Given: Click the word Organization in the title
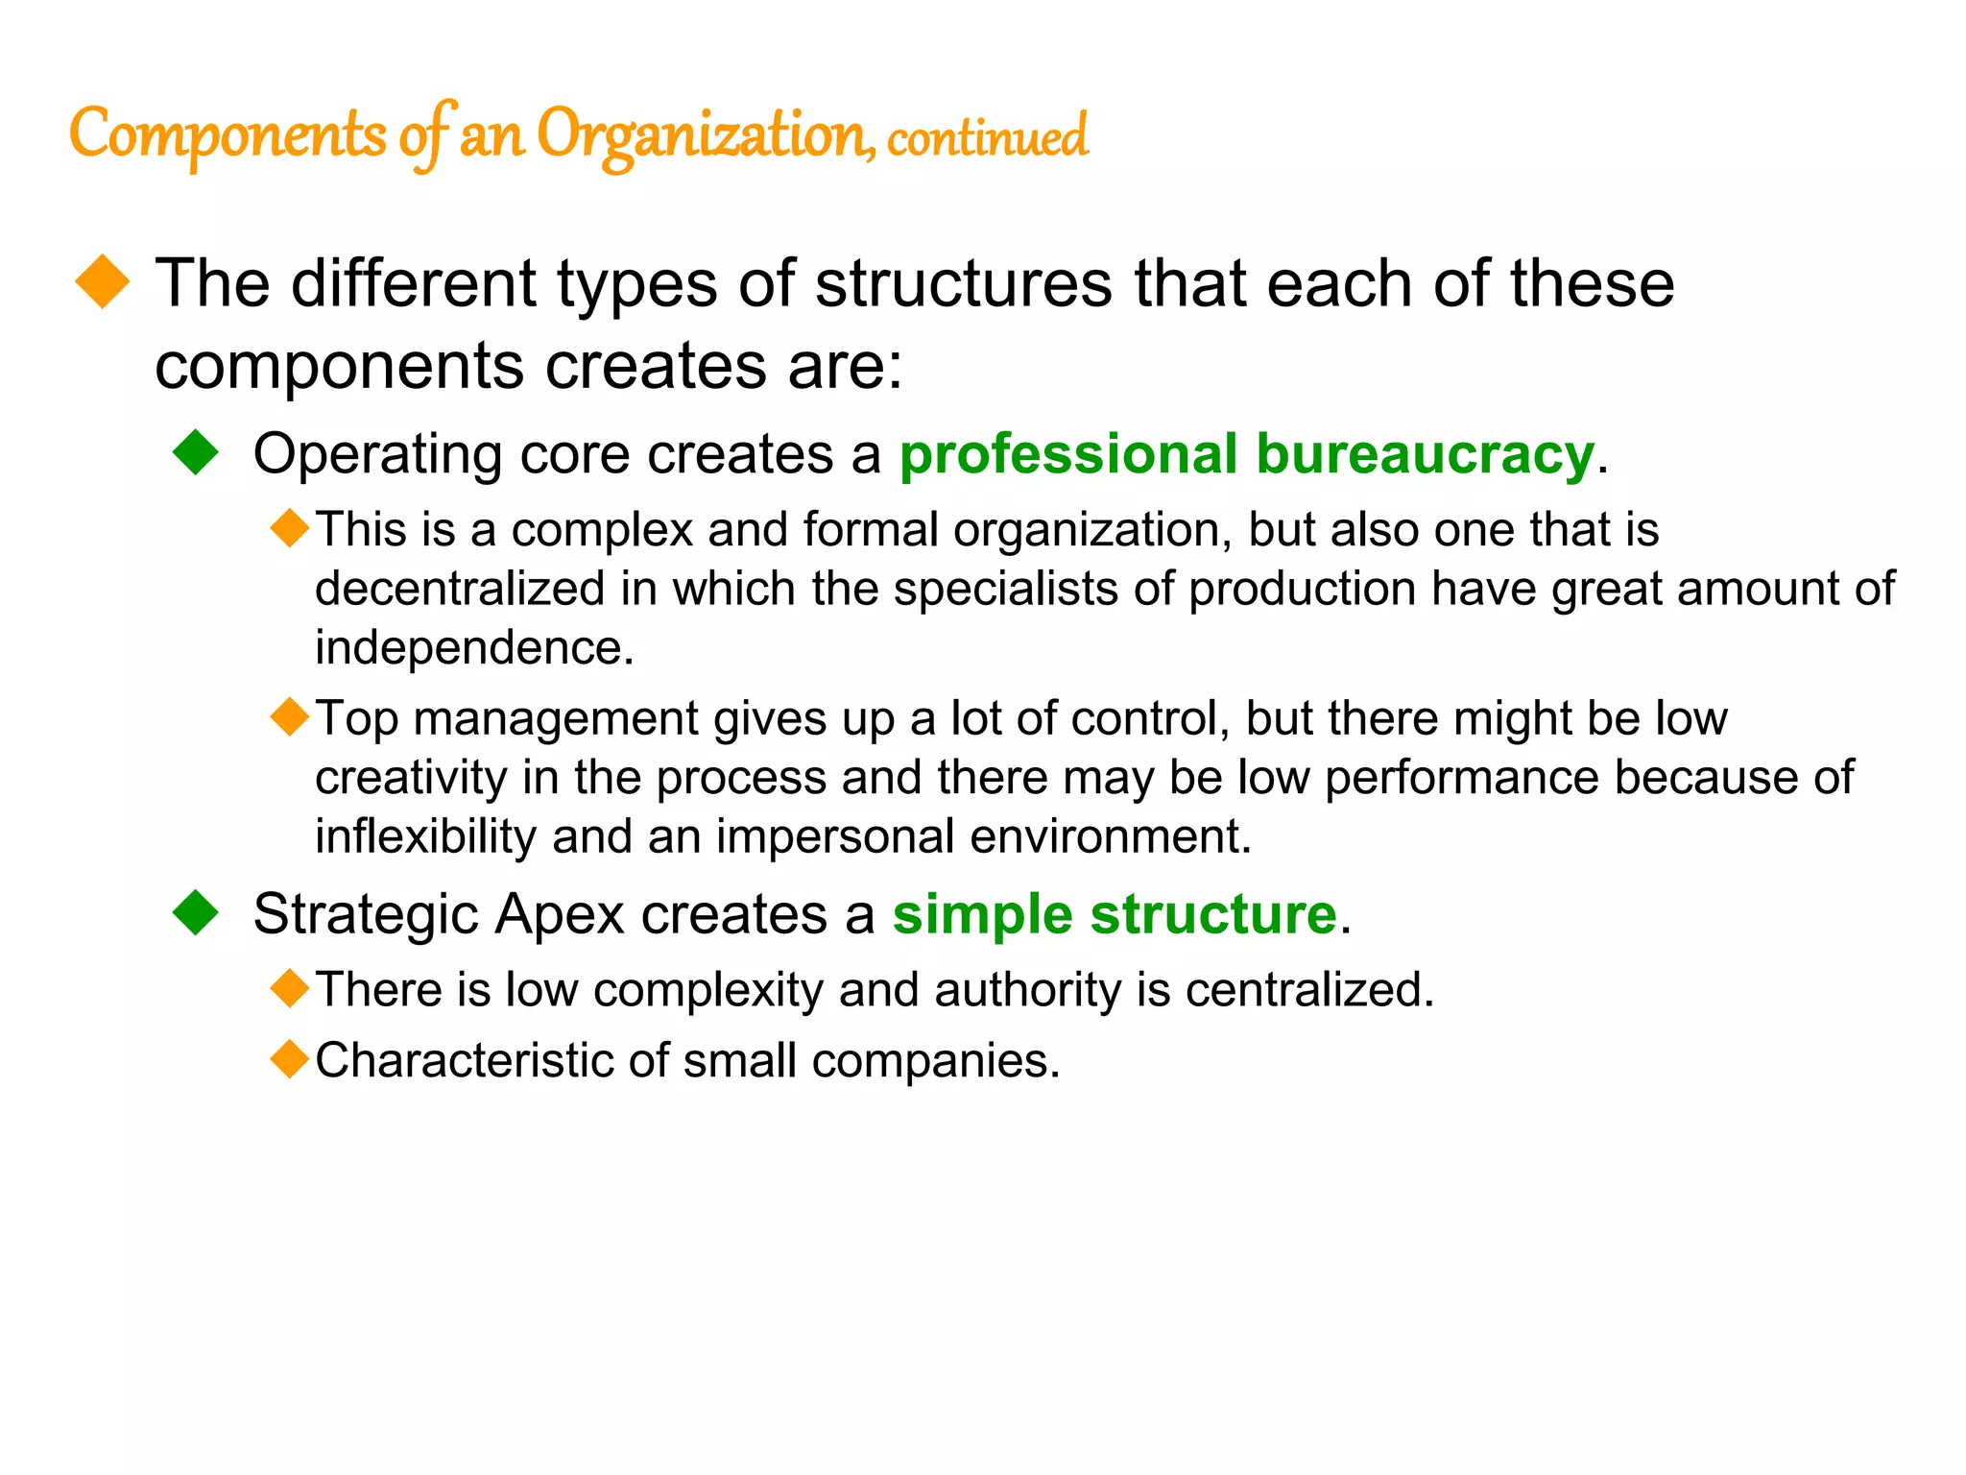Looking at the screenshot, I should [x=703, y=135].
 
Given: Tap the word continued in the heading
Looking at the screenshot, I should [x=988, y=137].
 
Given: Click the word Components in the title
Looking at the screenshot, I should [x=228, y=135].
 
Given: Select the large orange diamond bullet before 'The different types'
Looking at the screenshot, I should [x=103, y=281].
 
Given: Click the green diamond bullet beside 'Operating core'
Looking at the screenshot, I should [x=197, y=452].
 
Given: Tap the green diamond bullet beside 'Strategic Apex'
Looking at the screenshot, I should [x=197, y=912].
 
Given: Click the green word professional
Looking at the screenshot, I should [x=1068, y=454].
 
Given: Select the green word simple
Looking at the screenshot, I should [x=983, y=913].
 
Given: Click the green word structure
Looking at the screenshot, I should [x=1213, y=913].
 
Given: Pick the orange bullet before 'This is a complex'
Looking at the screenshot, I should [x=290, y=528].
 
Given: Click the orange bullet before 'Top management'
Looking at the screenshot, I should [x=290, y=716].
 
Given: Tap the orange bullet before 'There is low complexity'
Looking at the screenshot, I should [x=290, y=988].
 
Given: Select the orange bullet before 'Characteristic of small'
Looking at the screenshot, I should [x=290, y=1059].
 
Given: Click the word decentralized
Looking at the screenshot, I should [x=460, y=588].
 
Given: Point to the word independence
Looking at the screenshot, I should [x=473, y=647].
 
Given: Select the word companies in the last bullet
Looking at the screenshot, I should [x=935, y=1061].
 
